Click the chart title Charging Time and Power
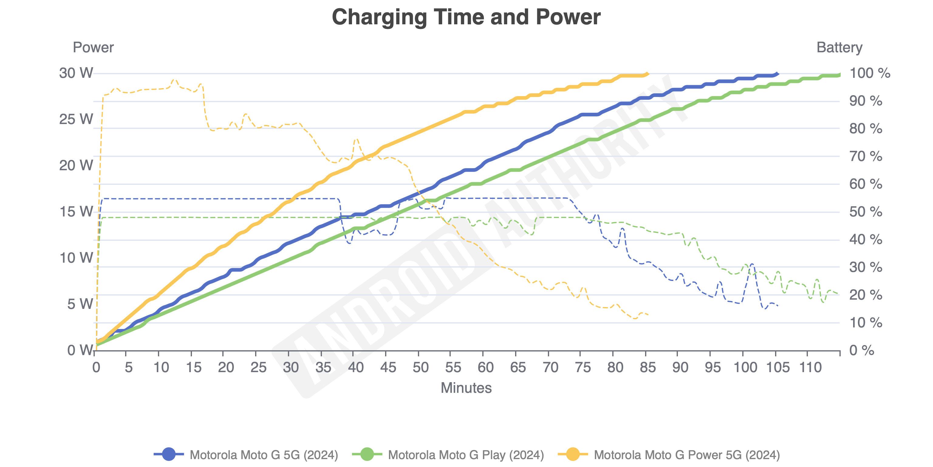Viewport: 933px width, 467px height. click(x=466, y=17)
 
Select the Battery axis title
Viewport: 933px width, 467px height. click(x=839, y=47)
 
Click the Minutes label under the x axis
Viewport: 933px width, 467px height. click(x=466, y=388)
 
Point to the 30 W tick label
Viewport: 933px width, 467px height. click(x=76, y=73)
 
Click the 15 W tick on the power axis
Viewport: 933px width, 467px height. click(x=76, y=212)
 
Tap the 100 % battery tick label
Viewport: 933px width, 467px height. click(x=870, y=73)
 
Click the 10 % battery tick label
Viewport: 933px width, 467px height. click(x=866, y=323)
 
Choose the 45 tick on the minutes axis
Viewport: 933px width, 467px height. click(x=388, y=368)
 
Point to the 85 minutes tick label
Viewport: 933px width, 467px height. click(x=648, y=368)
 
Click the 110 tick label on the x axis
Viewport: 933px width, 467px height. click(x=811, y=368)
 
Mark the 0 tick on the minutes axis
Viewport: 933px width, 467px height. click(x=96, y=368)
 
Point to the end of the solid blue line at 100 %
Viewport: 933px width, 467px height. click(x=777, y=74)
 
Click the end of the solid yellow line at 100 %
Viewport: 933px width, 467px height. click(x=648, y=74)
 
